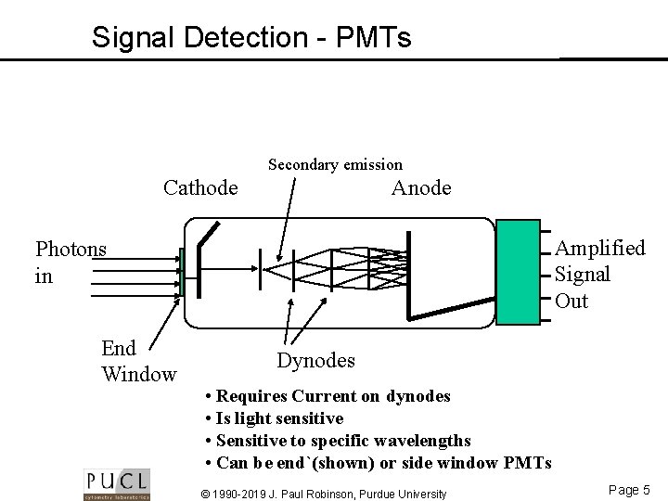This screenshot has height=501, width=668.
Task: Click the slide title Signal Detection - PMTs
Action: (x=250, y=37)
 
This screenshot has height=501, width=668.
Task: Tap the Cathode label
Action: (x=200, y=187)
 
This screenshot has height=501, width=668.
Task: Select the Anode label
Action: (x=421, y=187)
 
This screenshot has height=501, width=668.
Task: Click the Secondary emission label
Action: (x=335, y=165)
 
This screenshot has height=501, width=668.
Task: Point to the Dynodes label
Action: (x=315, y=358)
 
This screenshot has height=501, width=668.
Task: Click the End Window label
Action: (x=138, y=361)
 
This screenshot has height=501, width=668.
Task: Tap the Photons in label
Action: (x=71, y=262)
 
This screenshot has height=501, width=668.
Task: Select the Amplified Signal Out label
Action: (x=598, y=275)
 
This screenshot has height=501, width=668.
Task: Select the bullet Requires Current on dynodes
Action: (x=327, y=396)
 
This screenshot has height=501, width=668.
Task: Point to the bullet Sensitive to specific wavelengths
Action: (x=337, y=440)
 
